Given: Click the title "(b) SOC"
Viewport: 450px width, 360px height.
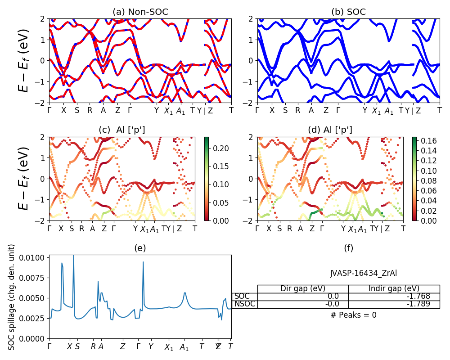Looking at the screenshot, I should pyautogui.click(x=349, y=12).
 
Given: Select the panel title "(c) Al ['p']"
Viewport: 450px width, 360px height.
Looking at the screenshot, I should pyautogui.click(x=121, y=130).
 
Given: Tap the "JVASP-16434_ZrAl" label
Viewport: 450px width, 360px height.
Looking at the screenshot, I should pyautogui.click(x=364, y=273).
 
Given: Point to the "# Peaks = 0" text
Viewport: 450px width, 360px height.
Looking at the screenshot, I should pyautogui.click(x=353, y=315).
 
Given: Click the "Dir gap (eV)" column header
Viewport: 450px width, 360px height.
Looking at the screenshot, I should pyautogui.click(x=303, y=288).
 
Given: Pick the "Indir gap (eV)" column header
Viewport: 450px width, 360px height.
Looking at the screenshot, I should pyautogui.click(x=394, y=288).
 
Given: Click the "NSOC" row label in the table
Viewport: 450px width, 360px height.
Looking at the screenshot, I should pyautogui.click(x=245, y=304).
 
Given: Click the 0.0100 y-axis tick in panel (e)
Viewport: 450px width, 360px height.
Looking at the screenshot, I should pyautogui.click(x=34, y=257).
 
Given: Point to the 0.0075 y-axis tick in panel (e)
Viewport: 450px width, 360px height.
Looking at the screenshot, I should pyautogui.click(x=34, y=278).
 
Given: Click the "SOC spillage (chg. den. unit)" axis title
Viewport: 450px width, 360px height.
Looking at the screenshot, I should pyautogui.click(x=12, y=297).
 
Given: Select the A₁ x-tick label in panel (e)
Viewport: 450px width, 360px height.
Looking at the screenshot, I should pyautogui.click(x=184, y=347).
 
